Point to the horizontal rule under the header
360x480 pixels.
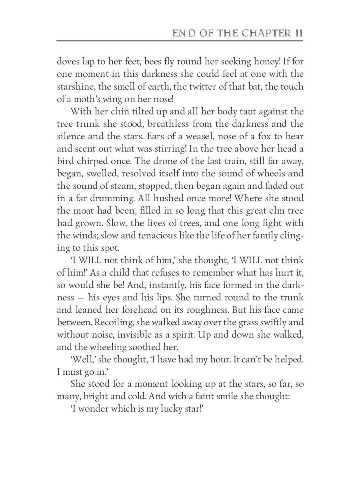[x=180, y=41]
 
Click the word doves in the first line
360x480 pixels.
[x=67, y=62]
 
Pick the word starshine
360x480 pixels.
[x=74, y=87]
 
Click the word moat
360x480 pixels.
[x=83, y=211]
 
